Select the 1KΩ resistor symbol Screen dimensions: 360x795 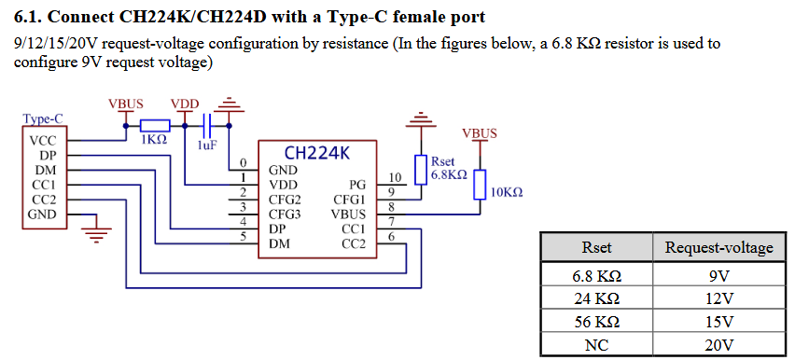tap(154, 125)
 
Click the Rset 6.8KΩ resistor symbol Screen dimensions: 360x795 tap(422, 169)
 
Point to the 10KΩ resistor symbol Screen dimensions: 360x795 tap(480, 185)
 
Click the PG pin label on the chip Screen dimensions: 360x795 tap(357, 185)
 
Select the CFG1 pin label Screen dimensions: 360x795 tap(349, 199)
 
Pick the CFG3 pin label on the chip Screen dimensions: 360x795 tap(285, 214)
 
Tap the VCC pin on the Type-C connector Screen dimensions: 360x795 tap(43, 141)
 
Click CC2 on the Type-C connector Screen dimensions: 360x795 tap(43, 200)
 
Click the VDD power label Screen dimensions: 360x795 tap(185, 103)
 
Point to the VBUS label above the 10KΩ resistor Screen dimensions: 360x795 tap(480, 133)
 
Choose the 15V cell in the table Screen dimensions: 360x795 tap(718, 322)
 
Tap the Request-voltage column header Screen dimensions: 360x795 tap(718, 247)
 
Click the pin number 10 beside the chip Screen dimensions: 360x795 tap(395, 177)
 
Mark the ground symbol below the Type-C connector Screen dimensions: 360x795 tap(93, 232)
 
